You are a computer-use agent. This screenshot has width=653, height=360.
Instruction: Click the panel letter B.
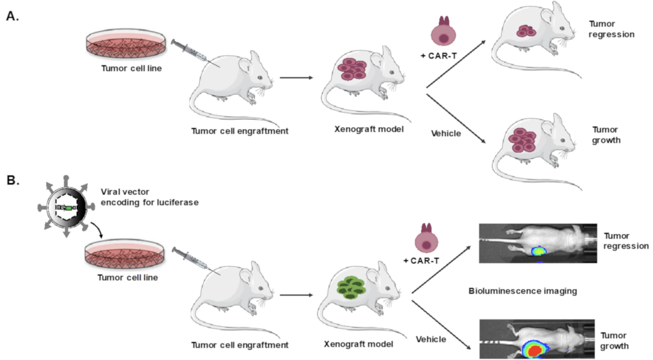pos(13,180)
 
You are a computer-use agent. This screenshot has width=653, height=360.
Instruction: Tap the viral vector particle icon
pos(67,206)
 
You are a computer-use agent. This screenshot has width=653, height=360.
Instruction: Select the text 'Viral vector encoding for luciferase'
pos(149,197)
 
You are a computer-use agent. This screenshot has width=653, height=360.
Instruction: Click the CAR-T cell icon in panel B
pos(426,238)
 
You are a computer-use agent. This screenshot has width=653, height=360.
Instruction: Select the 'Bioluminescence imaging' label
pos(522,291)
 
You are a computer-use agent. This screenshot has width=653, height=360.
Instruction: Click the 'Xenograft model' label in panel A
pos(369,129)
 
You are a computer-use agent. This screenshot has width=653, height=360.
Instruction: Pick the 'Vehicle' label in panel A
pos(446,133)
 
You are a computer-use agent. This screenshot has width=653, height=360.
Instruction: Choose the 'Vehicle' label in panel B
pos(431,339)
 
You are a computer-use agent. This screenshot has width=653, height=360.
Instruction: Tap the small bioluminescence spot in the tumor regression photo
pos(539,251)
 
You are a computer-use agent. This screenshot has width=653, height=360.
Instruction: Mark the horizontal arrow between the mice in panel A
pos(296,77)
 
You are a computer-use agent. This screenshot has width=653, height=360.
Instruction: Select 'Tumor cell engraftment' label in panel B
pos(239,345)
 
